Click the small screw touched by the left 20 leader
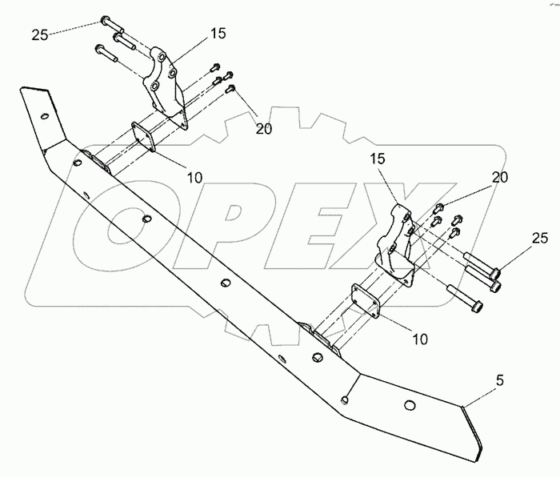pos(231,87)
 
